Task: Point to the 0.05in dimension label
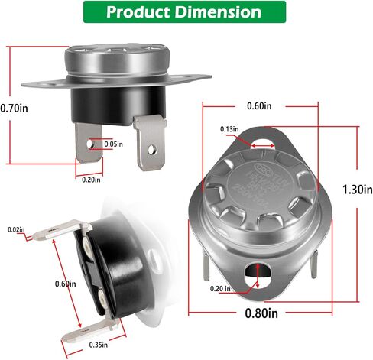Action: (x=113, y=144)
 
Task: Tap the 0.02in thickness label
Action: (x=15, y=229)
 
